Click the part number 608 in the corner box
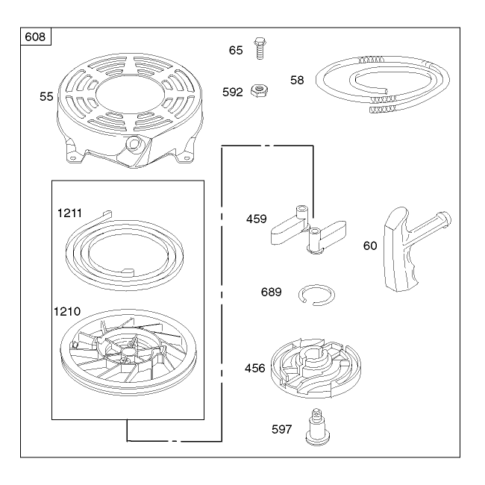[x=35, y=37]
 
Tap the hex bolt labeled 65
[x=260, y=48]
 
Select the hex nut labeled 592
[x=259, y=91]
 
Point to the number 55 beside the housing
[x=46, y=96]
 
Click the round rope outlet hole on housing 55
[x=134, y=143]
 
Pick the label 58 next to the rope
[x=297, y=80]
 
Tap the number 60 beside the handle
[x=370, y=245]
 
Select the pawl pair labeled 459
[x=308, y=229]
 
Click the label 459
[x=257, y=219]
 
